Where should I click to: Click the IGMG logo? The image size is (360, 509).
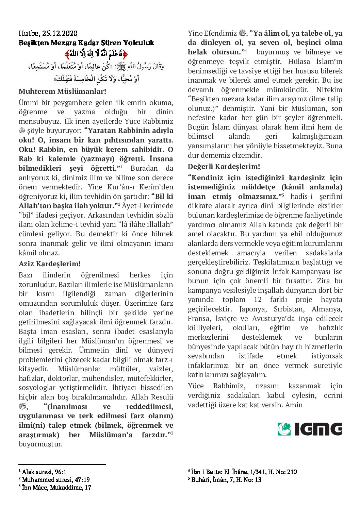pos(310,429)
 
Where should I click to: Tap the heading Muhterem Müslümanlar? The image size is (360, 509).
pos(62,91)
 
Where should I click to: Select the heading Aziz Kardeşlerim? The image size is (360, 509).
pos(50,264)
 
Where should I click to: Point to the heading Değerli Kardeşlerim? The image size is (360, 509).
pos(224,167)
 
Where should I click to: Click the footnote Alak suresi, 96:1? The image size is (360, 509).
pos(44,472)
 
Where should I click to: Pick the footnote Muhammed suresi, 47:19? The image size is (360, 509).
pos(55,479)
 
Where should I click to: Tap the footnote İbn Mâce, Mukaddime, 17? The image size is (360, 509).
pos(56,487)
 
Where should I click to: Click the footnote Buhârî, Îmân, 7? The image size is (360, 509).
pos(226,479)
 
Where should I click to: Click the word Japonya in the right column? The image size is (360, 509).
pos(253,309)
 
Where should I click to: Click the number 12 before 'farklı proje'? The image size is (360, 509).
pos(258,300)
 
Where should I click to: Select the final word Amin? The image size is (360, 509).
pos(294,405)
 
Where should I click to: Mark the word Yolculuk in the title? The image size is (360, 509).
pos(140,43)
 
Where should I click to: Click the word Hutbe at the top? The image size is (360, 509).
pos(29,33)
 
